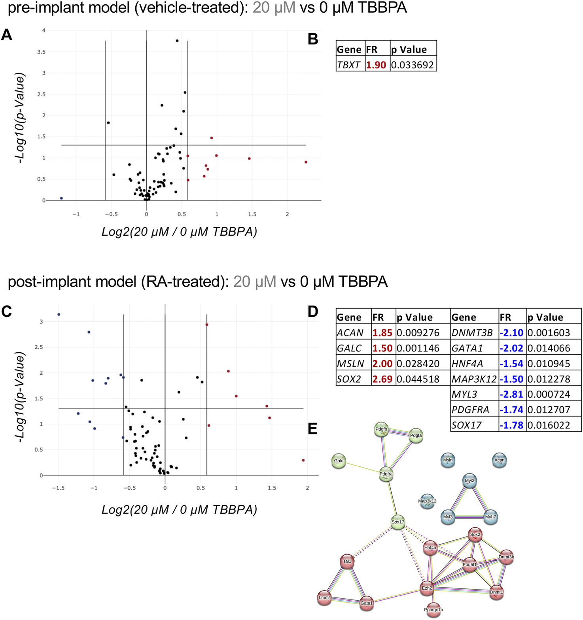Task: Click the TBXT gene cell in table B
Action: click(348, 65)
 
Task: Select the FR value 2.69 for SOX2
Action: click(382, 379)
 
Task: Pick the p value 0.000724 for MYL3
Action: click(549, 394)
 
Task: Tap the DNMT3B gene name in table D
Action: click(472, 333)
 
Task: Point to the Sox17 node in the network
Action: click(397, 522)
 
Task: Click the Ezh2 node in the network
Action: click(427, 588)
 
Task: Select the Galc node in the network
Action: click(339, 461)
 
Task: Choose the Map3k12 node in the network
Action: click(427, 501)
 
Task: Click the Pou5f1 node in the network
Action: click(469, 565)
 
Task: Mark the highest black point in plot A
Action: click(177, 41)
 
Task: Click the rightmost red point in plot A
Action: click(306, 162)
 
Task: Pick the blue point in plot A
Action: click(61, 198)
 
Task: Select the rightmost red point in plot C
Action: click(303, 460)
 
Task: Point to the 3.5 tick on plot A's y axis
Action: click(41, 52)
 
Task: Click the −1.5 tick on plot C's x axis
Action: click(58, 488)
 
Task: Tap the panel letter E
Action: click(312, 429)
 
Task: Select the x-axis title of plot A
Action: click(179, 231)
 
